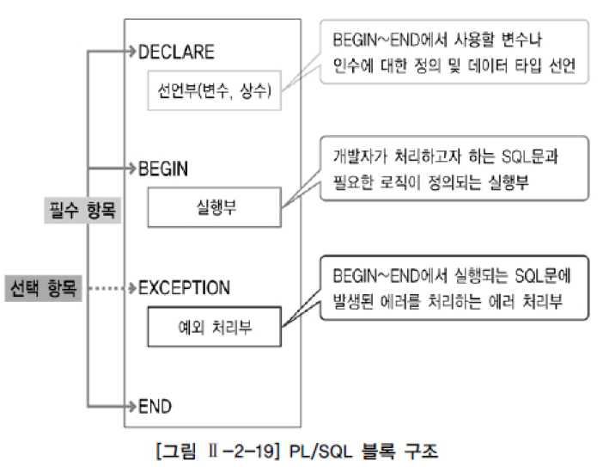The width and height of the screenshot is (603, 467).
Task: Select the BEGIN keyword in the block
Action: pos(163,169)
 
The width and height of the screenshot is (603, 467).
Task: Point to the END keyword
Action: pos(155,404)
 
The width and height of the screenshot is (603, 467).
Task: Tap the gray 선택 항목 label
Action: pos(42,287)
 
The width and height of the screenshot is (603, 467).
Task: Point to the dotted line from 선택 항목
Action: pos(103,287)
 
